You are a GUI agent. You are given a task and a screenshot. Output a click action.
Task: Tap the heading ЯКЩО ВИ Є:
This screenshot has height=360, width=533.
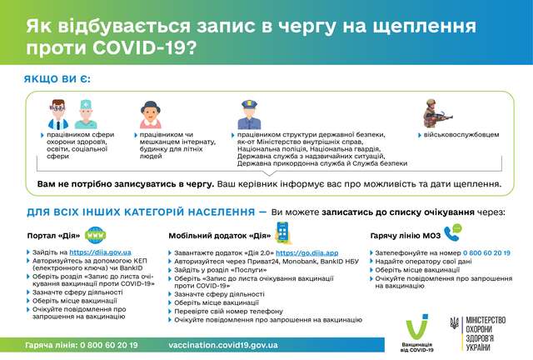58,81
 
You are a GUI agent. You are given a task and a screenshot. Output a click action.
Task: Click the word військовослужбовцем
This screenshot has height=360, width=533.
460,133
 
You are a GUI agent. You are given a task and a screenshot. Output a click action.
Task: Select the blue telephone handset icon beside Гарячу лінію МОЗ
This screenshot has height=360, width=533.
452,233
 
